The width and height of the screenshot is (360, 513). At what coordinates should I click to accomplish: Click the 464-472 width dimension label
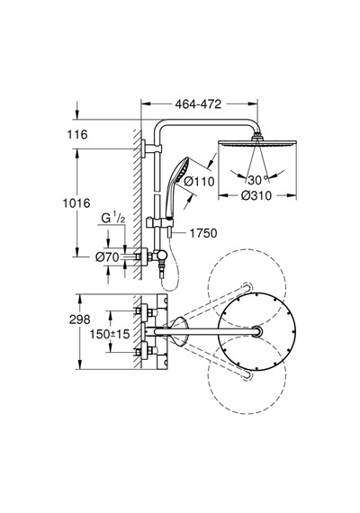pos(198,104)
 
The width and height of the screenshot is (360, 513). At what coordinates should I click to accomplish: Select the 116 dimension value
pos(77,134)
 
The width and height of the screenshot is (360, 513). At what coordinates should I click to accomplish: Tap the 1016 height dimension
pos(76,203)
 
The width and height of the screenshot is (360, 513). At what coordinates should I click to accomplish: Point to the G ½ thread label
pos(113,218)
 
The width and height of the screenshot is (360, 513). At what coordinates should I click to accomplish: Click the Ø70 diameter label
pos(107,257)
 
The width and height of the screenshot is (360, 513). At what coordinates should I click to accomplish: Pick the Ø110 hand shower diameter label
pos(199,181)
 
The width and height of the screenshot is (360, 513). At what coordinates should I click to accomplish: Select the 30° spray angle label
pos(258,180)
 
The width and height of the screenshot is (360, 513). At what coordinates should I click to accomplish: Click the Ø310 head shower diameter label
pos(256,195)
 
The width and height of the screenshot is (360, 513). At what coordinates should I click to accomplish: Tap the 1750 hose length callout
pos(203,233)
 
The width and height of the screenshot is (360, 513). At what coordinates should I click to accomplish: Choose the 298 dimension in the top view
pos(80,319)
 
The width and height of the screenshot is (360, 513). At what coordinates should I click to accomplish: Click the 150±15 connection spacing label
pos(110,334)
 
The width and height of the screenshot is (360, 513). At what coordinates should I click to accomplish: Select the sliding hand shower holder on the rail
pos(159,223)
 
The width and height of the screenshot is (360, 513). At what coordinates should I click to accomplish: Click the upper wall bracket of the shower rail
pos(151,149)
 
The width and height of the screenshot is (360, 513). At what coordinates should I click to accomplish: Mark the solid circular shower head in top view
pos(257,331)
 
